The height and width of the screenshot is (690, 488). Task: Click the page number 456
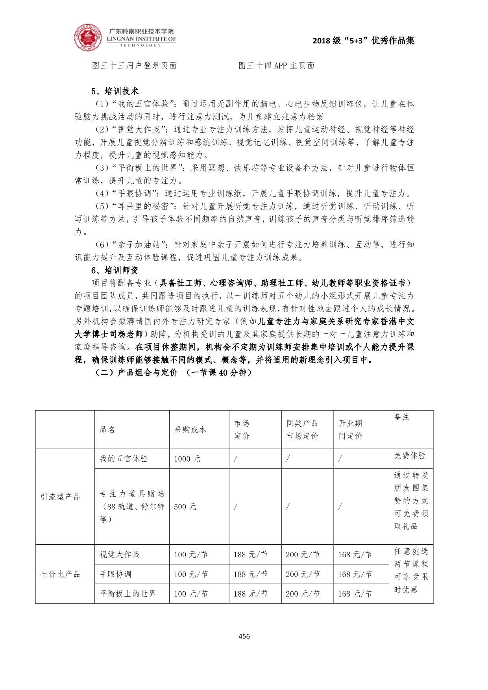coord(244,636)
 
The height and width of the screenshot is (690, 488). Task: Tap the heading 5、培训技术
coord(115,91)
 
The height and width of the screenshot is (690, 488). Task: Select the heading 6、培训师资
coord(115,270)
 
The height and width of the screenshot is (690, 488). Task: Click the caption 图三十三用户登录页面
coord(135,66)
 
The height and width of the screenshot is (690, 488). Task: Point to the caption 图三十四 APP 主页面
coord(276,66)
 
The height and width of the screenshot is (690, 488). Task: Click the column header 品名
coord(107,429)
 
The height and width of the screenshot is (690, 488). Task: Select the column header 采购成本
coord(190,429)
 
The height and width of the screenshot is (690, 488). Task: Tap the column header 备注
coord(402,417)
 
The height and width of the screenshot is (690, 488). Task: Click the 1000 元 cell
coord(187,459)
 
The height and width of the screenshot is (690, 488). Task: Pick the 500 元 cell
coord(185,507)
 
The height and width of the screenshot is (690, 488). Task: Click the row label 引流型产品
coord(60,497)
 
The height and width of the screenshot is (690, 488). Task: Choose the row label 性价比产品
coord(60,574)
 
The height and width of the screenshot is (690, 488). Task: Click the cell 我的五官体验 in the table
coord(124,459)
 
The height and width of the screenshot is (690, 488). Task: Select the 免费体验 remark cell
coord(410,455)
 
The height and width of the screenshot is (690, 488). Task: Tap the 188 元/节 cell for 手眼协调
coord(251,574)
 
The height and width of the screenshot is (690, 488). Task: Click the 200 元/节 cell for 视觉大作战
coord(303,555)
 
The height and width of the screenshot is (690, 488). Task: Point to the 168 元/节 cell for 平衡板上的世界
coord(355,594)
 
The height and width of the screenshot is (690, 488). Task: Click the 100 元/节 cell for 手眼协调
coord(191,574)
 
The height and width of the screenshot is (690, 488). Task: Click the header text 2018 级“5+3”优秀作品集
coord(364,41)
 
